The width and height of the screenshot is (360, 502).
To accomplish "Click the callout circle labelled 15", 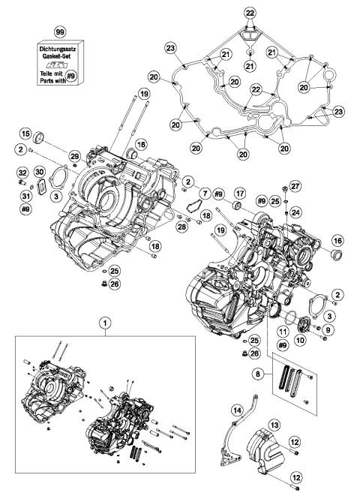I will (25, 134).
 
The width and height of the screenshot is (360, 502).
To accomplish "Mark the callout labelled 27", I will (295, 185).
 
